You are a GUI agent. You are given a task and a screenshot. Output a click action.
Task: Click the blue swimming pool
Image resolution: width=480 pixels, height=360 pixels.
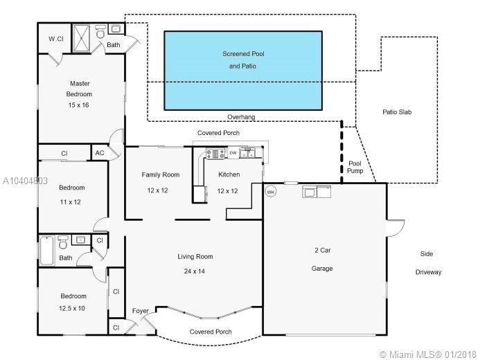[243, 71]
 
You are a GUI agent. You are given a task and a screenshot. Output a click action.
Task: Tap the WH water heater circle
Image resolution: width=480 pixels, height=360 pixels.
[270, 192]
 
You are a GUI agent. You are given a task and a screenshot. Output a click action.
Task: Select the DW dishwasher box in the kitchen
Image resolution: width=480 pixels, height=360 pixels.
[233, 153]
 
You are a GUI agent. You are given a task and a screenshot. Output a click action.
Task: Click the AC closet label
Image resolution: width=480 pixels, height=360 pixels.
[100, 153]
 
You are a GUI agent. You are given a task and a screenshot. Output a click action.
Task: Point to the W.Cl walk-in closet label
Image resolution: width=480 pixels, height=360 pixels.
[56, 39]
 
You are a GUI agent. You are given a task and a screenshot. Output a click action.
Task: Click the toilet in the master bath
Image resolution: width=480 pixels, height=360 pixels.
[100, 32]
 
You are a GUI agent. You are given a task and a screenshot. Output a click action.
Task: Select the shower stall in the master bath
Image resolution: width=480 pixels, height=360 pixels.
[81, 38]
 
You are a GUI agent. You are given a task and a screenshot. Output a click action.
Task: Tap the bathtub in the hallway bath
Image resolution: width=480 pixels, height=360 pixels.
[47, 251]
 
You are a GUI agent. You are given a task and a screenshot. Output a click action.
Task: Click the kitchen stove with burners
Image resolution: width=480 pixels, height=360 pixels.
[215, 154]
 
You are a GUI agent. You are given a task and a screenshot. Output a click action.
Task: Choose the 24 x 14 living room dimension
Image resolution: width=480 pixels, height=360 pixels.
[195, 271]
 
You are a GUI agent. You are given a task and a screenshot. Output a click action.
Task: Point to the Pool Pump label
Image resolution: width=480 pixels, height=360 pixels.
[355, 167]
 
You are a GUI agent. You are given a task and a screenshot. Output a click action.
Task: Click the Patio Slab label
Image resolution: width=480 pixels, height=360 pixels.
[397, 112]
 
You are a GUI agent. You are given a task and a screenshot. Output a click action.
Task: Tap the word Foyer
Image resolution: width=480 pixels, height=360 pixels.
[140, 311]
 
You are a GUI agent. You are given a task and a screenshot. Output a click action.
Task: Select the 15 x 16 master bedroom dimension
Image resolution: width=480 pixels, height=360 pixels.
[79, 105]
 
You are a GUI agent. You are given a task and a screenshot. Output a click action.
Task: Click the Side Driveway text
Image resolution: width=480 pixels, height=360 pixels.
[428, 263]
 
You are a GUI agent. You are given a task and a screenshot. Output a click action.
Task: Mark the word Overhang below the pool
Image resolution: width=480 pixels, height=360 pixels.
[241, 117]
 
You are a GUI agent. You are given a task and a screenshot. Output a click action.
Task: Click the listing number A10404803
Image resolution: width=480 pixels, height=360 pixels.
[25, 181]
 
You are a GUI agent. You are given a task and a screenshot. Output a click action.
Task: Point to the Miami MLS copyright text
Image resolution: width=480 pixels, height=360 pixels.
[428, 354]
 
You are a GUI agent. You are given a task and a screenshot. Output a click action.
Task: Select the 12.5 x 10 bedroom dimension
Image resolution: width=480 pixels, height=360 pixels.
[72, 308]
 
